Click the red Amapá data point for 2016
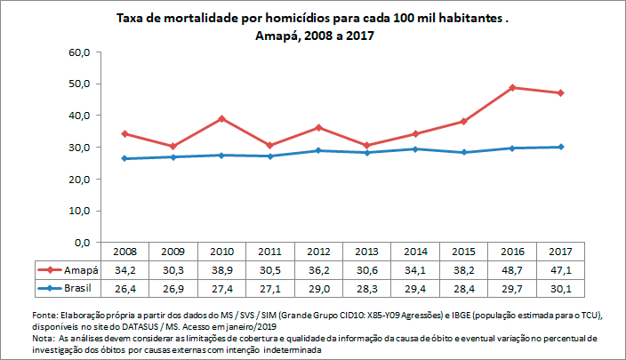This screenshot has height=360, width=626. coord(512,87)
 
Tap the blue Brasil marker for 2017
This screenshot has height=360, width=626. coord(561,147)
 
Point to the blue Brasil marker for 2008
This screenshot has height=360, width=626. coord(124,158)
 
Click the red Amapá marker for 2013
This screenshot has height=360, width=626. coord(367,145)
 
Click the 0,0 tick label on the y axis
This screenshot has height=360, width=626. coord(83,242)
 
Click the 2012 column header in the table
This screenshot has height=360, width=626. coord(318,252)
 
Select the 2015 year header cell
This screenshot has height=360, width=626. coord(463,252)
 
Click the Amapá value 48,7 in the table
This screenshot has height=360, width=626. coord(512,269)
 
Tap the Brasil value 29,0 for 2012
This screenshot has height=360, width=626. coord(318,288)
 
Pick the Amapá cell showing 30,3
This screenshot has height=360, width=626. coord(173,269)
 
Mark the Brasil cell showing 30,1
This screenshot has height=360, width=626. coord(561,288)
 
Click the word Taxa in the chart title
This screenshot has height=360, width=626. coord(132,18)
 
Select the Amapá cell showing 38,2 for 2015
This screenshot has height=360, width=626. coord(463,269)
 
